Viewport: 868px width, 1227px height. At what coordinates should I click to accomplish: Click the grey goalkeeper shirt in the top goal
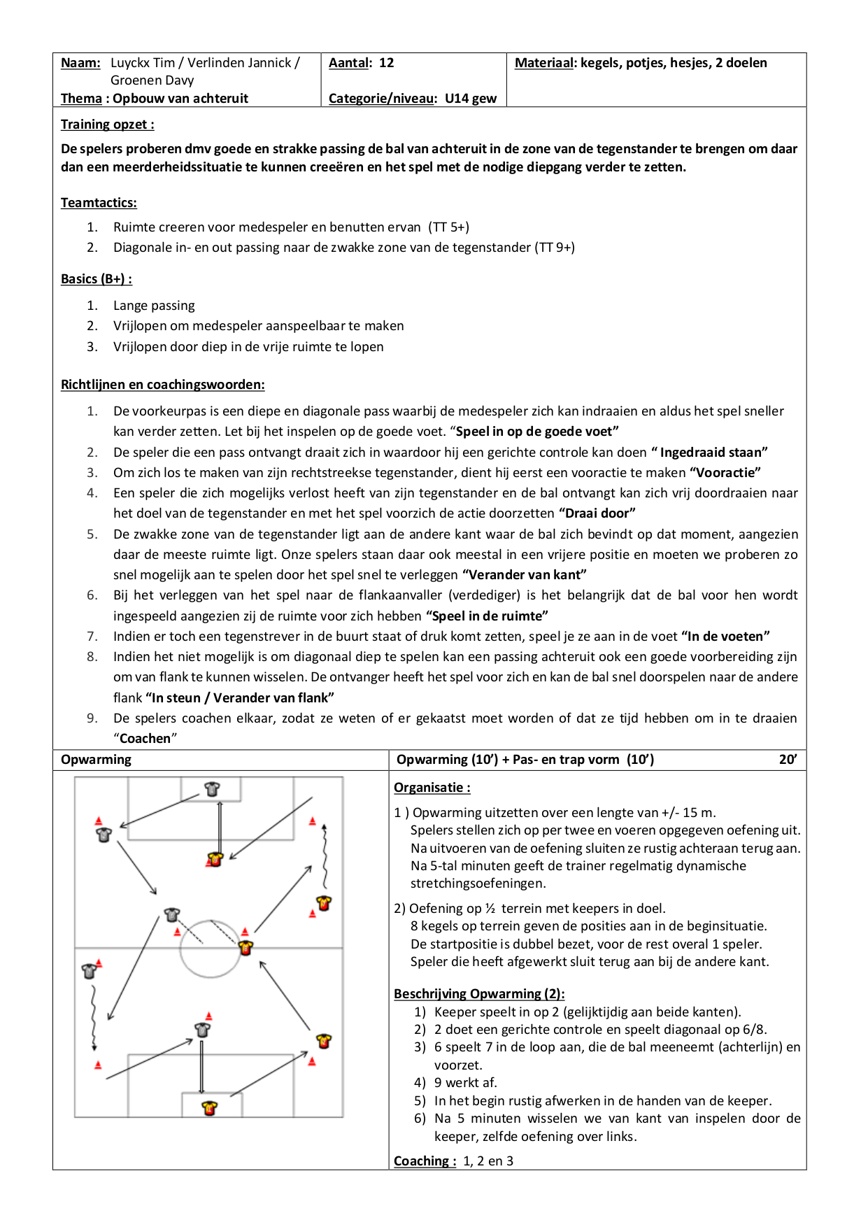212,789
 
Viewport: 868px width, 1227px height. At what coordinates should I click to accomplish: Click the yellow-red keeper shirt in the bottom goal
209,1108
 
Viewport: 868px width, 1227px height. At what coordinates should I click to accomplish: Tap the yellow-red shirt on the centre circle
246,948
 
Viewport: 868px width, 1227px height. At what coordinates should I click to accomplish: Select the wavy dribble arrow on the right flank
325,857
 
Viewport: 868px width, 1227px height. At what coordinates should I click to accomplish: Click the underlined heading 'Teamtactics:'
99,203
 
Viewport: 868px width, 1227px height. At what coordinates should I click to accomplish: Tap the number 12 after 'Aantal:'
386,63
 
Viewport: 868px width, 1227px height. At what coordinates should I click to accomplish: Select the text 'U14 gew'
471,99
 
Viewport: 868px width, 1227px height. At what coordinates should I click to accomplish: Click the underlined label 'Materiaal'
544,63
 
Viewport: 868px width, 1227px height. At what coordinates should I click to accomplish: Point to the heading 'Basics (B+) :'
97,279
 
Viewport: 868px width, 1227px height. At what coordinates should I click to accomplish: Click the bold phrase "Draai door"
597,513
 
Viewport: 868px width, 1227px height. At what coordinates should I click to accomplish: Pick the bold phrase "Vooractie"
725,473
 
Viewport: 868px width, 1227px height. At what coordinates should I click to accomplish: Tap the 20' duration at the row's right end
788,760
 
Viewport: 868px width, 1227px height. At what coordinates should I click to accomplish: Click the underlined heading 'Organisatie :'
432,788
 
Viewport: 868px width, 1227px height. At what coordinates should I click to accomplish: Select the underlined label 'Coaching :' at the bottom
425,1161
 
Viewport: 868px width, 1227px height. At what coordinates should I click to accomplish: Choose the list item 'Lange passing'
154,306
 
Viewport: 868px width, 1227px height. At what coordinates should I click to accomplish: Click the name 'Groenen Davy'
152,80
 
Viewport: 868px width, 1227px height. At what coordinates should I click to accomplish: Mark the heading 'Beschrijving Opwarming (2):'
479,994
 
